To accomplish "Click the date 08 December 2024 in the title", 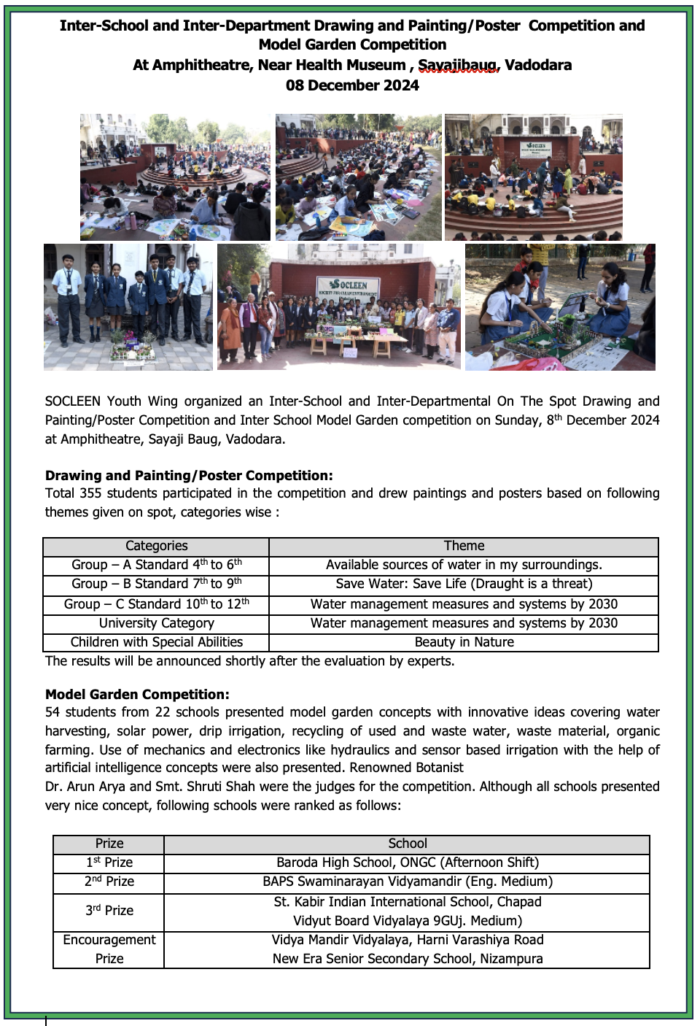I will [x=352, y=85].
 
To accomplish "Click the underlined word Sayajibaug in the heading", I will [x=458, y=66].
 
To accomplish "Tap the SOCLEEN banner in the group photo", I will [x=348, y=287].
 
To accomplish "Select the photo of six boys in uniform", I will [x=128, y=306].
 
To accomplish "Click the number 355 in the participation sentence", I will [x=90, y=493].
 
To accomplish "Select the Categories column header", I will [x=156, y=547].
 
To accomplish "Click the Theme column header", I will [x=464, y=547].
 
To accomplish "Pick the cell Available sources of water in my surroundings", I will [x=464, y=565].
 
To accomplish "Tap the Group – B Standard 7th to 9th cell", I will [x=156, y=584].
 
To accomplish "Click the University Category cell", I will [x=156, y=623].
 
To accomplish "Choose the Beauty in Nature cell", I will [x=464, y=642].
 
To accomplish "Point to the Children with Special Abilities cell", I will [x=156, y=642].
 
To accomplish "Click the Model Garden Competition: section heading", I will [x=137, y=695].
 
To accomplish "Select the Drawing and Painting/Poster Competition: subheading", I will [x=189, y=476].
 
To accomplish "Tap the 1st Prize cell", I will [x=109, y=863].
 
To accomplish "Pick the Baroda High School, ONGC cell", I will [x=407, y=863].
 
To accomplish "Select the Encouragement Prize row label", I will [x=109, y=949].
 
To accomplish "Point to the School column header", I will [x=407, y=844].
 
